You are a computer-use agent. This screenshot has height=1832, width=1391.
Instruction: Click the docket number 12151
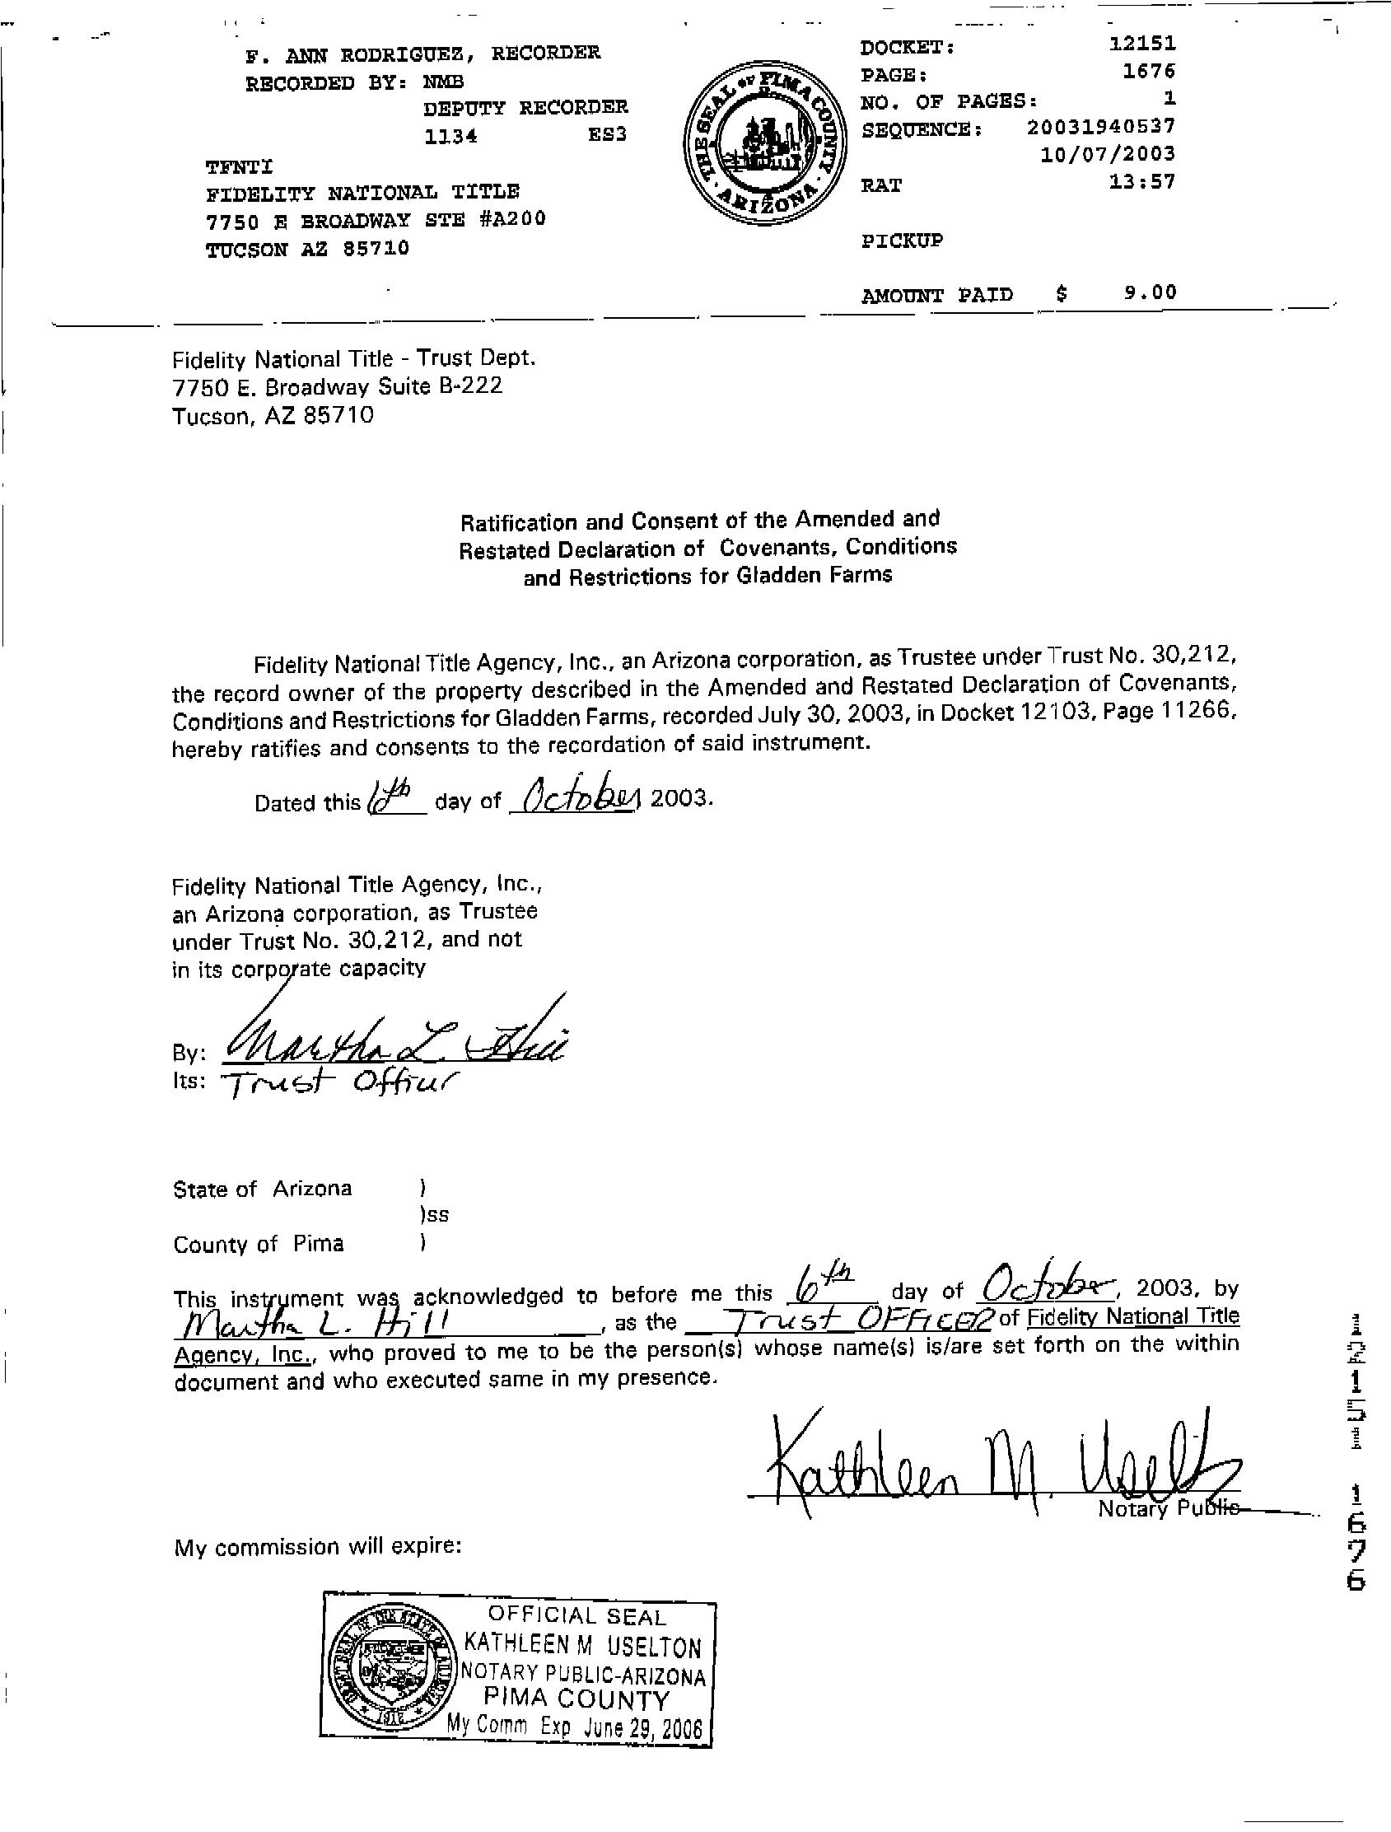click(x=1141, y=43)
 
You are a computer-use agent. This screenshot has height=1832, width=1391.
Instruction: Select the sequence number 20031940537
click(x=1100, y=127)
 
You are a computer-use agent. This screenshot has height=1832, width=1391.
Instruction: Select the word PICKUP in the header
click(x=902, y=241)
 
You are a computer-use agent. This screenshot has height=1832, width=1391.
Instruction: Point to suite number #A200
click(x=511, y=220)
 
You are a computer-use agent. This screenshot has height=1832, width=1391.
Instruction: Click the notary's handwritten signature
click(x=1001, y=1471)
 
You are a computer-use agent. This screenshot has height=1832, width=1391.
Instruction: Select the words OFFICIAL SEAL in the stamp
click(x=576, y=1616)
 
